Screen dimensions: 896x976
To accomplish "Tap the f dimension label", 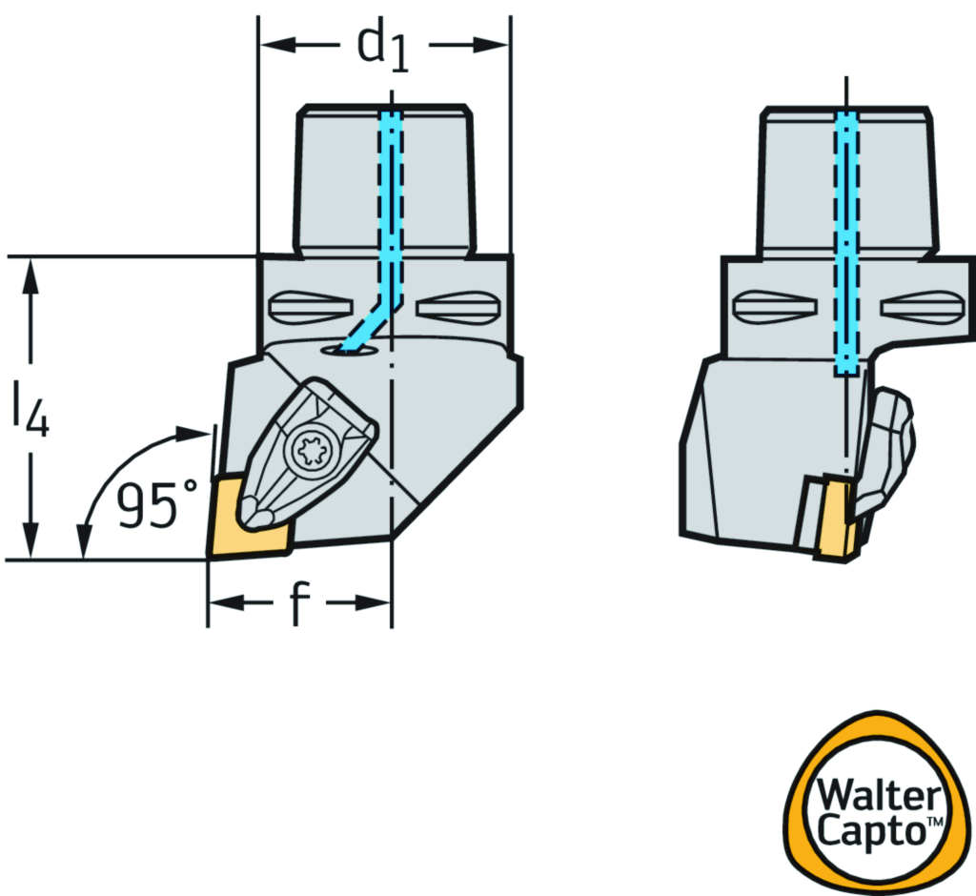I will [300, 603].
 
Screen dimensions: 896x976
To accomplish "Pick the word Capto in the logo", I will [865, 832].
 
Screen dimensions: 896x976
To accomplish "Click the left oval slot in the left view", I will [303, 308].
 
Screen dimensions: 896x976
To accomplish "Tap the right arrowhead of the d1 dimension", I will [496, 45].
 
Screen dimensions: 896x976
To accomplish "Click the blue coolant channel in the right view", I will [846, 238].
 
